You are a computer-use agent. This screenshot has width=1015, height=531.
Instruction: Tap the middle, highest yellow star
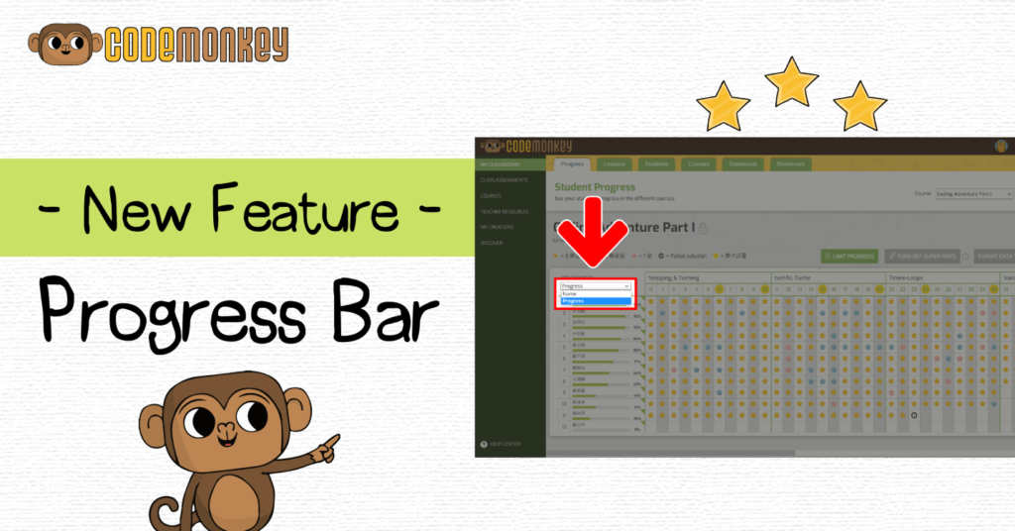[x=792, y=80]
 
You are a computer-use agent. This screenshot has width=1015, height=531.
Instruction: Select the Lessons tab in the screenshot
[x=614, y=163]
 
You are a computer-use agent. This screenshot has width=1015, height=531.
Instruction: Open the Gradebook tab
[x=742, y=163]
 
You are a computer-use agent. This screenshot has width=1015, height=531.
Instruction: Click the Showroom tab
[x=789, y=163]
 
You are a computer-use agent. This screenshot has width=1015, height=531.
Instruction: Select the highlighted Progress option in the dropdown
[x=595, y=300]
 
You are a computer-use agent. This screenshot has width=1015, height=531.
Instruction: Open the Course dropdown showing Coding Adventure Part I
[x=972, y=194]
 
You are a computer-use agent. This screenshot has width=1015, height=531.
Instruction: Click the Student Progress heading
[x=595, y=186]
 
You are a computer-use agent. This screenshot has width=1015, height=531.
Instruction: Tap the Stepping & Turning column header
[x=673, y=278]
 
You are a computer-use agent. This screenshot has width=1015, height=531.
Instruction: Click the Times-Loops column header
[x=908, y=278]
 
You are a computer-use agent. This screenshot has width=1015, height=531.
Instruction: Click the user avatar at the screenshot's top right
[x=1002, y=147]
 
